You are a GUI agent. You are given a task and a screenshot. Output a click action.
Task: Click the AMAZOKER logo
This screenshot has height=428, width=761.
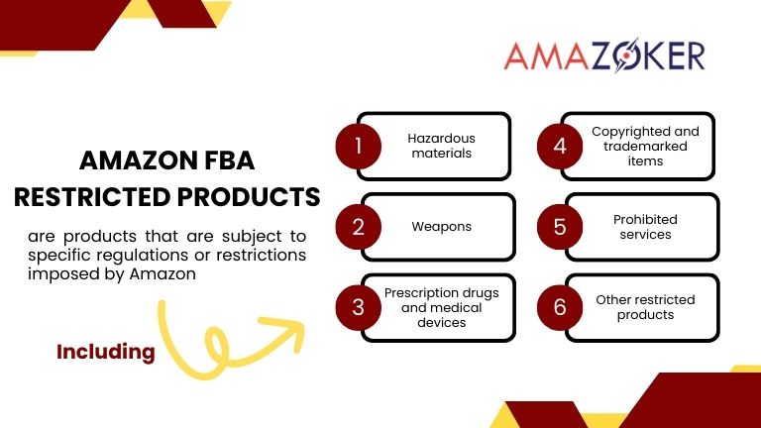[603, 56]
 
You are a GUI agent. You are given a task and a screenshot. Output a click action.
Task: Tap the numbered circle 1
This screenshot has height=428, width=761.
[359, 147]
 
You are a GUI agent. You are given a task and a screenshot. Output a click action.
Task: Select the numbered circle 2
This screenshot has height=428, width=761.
[359, 227]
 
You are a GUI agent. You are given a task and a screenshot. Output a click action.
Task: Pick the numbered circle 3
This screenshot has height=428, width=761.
[359, 306]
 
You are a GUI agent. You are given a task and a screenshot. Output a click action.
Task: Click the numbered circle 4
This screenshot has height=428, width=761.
[559, 147]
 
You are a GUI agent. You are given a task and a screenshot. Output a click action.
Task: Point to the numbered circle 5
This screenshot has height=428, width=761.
[559, 227]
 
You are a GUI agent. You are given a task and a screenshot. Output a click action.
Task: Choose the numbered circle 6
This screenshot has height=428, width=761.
[559, 306]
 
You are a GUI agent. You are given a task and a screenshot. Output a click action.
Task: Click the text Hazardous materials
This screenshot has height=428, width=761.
[442, 147]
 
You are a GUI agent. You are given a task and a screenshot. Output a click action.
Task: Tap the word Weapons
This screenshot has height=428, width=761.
[442, 227]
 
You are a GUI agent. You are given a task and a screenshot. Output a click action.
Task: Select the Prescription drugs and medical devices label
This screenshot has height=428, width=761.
[443, 307]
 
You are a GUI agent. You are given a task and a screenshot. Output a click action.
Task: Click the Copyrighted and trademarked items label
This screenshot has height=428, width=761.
[645, 146]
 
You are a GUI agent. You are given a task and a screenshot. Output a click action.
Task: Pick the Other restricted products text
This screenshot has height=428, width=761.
[645, 307]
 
